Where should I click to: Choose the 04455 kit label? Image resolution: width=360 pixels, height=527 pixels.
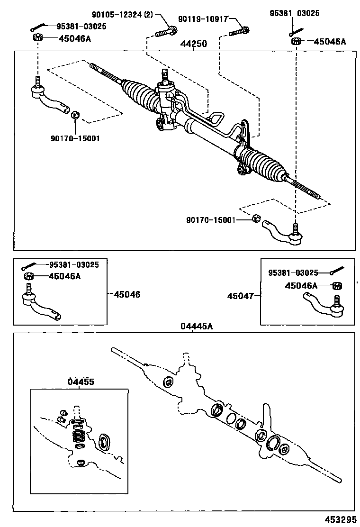click(x=80, y=382)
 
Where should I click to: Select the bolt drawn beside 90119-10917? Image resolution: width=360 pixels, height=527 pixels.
click(x=240, y=33)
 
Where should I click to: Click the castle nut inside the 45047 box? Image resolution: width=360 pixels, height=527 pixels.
click(x=338, y=286)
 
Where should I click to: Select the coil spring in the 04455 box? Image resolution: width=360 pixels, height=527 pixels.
click(x=79, y=435)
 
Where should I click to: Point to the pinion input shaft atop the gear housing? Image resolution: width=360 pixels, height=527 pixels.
click(x=165, y=75)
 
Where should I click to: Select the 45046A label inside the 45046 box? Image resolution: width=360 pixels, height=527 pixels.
click(x=63, y=276)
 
